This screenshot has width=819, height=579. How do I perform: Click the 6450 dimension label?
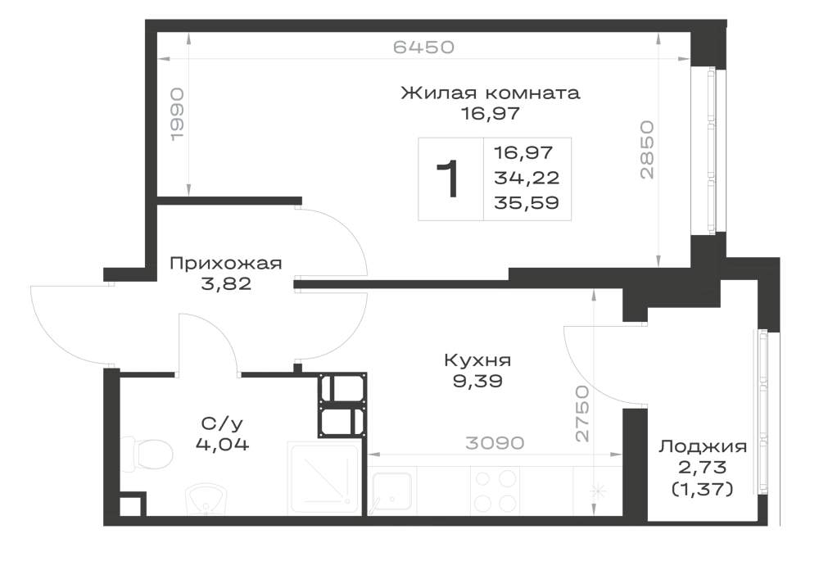coord(423,47)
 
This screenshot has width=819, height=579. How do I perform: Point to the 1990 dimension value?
coord(178,114)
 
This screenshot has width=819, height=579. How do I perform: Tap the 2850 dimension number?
coord(647,150)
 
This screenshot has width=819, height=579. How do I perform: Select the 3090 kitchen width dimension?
coord(495,443)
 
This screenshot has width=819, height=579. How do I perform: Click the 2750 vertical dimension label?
coord(581,414)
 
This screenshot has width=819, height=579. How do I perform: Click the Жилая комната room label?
coord(491,93)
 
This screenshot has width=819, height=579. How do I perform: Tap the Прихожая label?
coord(226,263)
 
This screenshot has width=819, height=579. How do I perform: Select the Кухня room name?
coord(477,360)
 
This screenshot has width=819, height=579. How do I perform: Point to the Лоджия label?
coord(702,447)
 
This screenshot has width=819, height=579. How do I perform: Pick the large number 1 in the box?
coord(448,179)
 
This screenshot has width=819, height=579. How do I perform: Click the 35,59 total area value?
coord(527,202)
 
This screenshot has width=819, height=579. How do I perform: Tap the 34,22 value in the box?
coord(527,178)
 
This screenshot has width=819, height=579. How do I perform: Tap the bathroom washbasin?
coord(207,499)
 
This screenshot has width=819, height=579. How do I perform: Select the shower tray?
coord(324,478)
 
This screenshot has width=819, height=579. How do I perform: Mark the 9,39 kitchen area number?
coord(477,381)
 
